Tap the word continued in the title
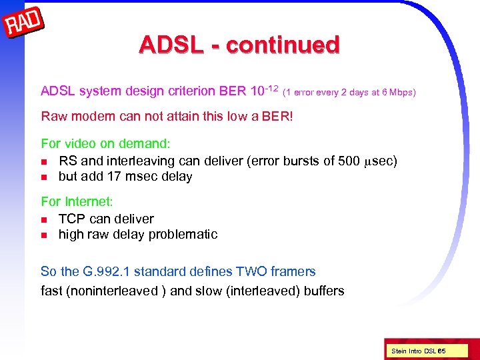point(283,45)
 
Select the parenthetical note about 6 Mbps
point(350,92)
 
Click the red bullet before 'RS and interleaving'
point(44,161)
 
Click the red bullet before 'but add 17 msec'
point(44,177)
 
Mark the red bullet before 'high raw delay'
point(44,235)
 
